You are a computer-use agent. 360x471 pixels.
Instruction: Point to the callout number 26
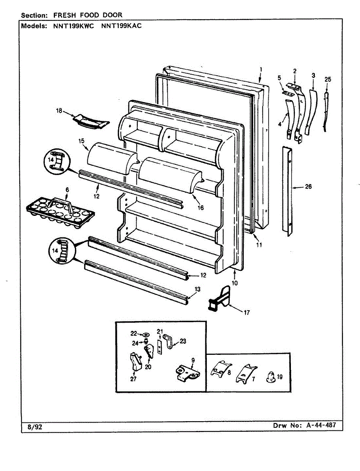308,187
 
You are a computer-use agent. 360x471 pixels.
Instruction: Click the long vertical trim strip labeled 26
287,191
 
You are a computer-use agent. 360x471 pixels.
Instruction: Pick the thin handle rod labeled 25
326,112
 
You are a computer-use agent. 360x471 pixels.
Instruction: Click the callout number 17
247,313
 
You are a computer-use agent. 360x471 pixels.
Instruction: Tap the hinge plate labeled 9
186,373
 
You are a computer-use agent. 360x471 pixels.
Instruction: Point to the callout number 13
197,289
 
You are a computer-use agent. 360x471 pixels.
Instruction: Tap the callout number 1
261,69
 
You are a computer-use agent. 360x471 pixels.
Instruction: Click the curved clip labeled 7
246,373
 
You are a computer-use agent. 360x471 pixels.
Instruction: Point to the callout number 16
201,208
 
